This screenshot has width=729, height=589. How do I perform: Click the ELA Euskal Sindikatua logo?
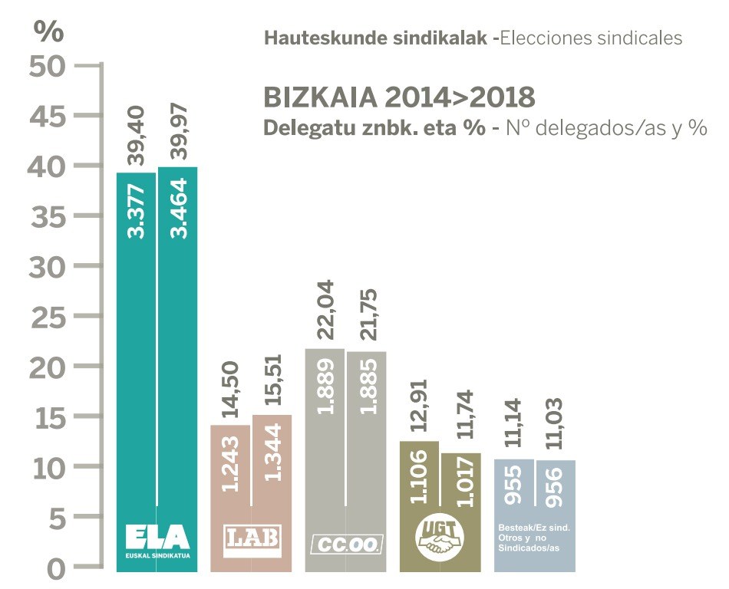[157, 540]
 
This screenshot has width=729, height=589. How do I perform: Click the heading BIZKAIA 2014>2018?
[399, 98]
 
